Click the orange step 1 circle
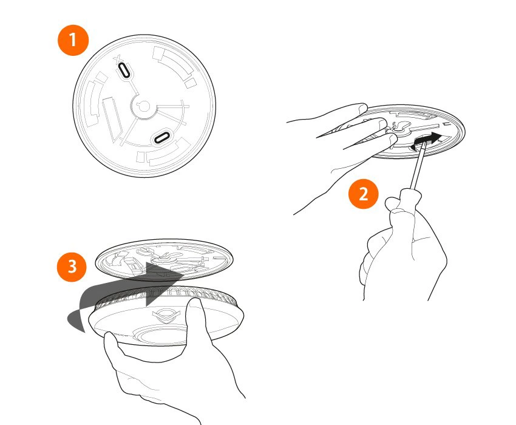click(73, 41)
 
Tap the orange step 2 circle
click(363, 194)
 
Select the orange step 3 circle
click(72, 267)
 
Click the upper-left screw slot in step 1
click(123, 70)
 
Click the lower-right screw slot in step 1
click(162, 137)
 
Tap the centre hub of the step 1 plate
click(143, 106)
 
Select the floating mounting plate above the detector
click(164, 258)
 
